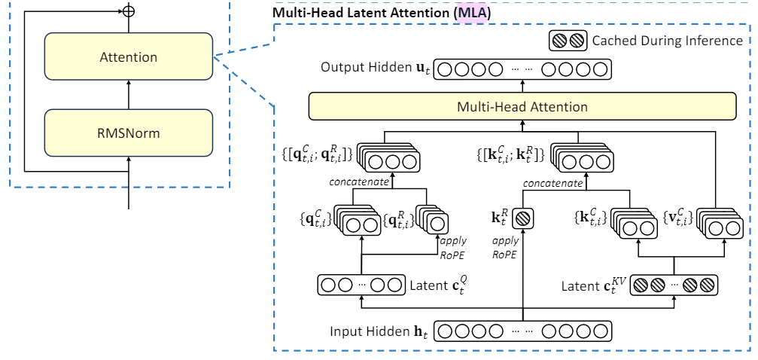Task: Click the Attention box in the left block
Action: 128,56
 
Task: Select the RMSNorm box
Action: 128,133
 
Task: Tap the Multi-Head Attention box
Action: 522,106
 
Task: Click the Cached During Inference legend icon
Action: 568,41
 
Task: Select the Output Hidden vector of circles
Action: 522,70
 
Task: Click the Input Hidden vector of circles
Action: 522,332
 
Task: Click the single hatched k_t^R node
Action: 522,224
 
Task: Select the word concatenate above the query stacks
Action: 360,182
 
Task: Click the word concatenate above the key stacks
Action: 553,183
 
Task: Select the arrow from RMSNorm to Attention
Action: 128,95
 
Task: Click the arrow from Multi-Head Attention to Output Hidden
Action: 522,87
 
